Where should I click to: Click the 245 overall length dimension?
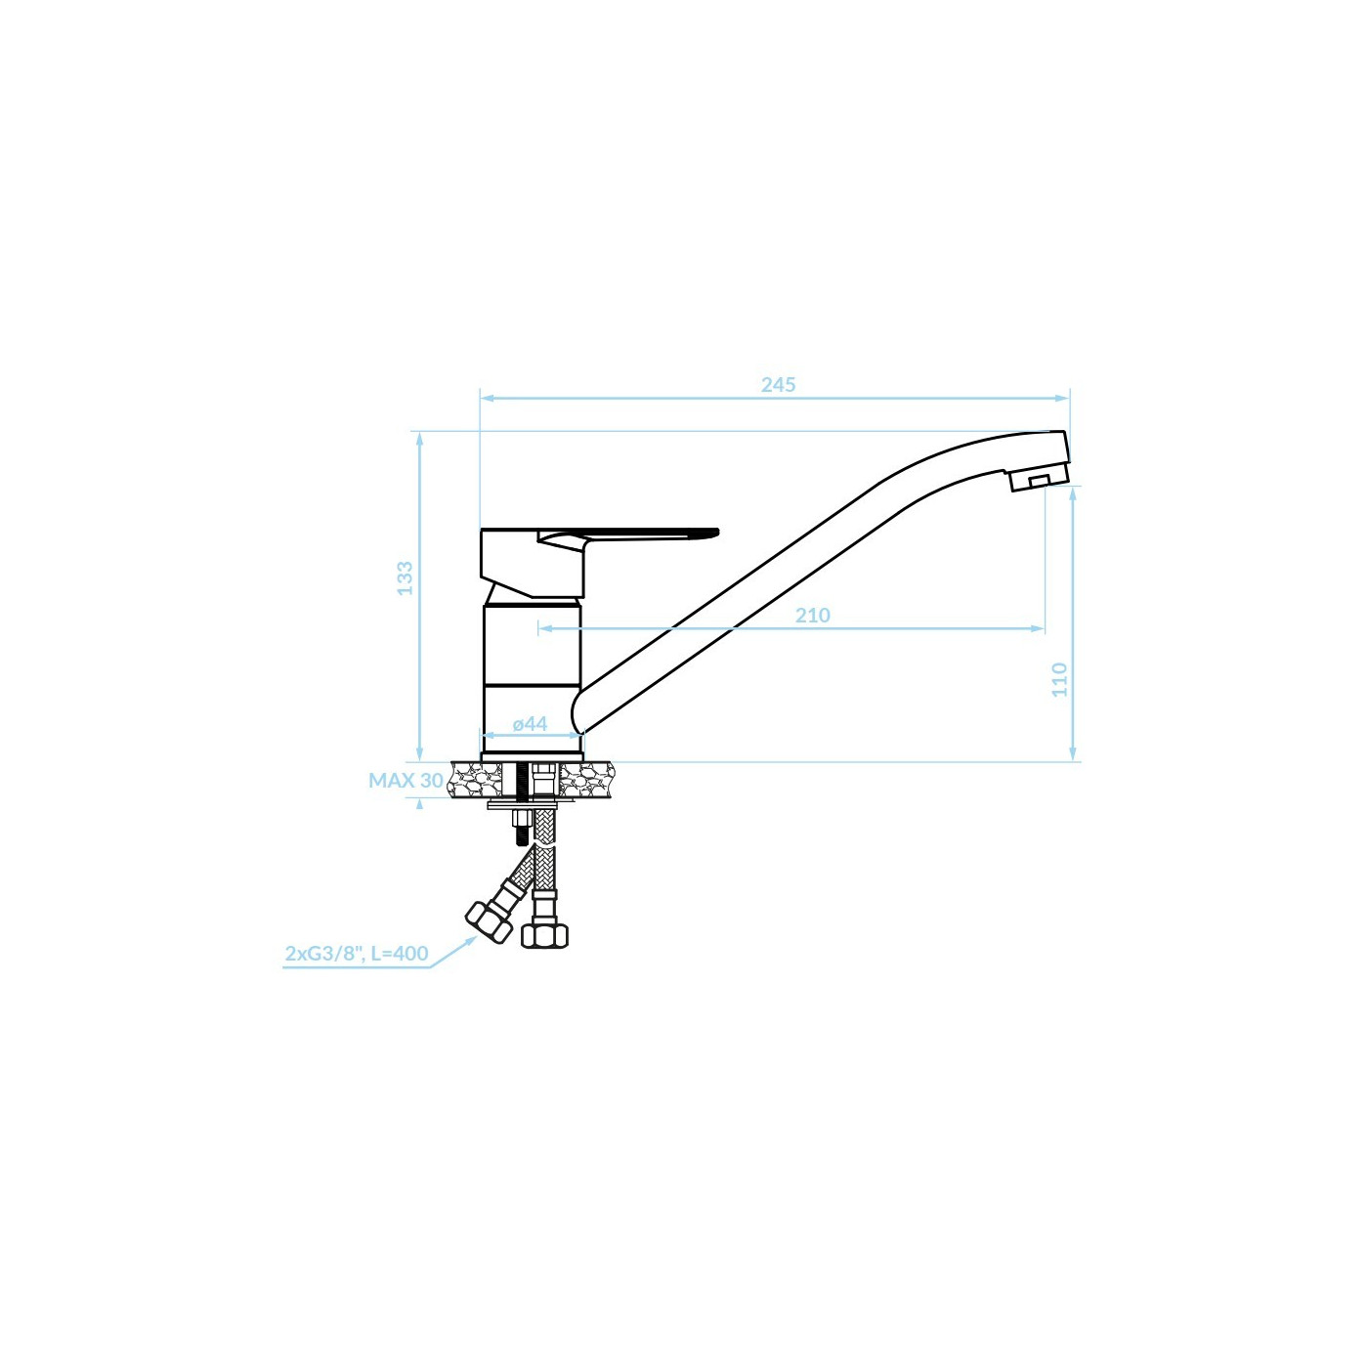coord(778,385)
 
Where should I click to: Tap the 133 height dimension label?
coord(405,577)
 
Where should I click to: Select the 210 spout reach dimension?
coord(812,615)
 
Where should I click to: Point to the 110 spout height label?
coord(1059,679)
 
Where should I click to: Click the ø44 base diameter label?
coord(530,723)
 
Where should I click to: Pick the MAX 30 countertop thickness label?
coord(406,780)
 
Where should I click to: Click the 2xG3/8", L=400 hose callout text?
coord(357,953)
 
